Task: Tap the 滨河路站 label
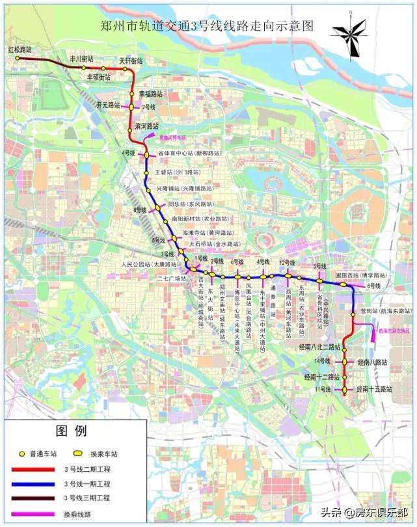[x=147, y=126]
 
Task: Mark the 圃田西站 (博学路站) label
[x=362, y=276]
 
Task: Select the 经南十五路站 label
[x=375, y=389]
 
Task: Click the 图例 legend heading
[x=70, y=431]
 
